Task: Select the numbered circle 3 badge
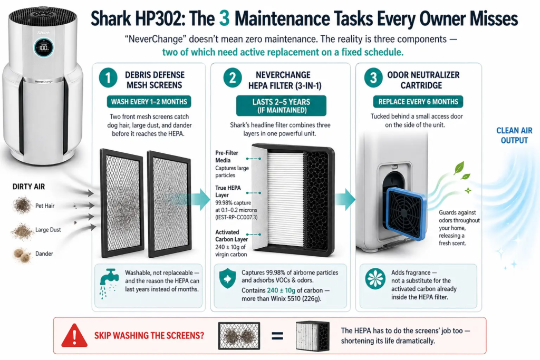373,78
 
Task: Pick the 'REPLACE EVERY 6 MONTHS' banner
418,102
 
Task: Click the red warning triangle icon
74,335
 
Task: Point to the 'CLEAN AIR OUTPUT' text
514,135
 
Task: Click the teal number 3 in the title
224,19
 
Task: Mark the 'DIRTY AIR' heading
30,187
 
